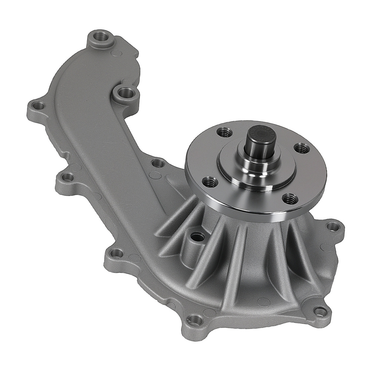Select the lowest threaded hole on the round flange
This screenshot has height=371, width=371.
pos(290,199)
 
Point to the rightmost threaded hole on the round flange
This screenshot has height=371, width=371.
pos(302,148)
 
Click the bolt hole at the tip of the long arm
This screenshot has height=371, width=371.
pos(100,37)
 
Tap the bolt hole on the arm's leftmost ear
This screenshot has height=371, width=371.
pos(37,106)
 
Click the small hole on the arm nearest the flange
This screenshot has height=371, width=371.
pos(158,163)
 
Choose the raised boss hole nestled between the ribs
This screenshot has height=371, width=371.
pos(197,236)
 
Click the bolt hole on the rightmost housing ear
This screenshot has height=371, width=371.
pos(333,226)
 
